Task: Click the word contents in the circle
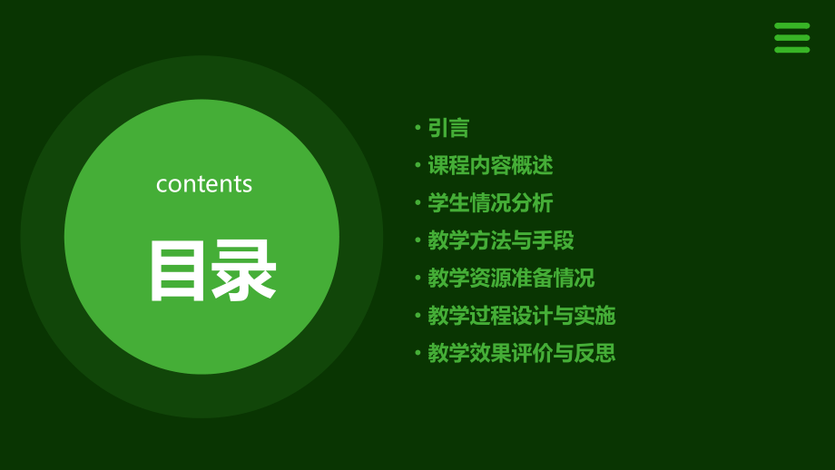(x=204, y=184)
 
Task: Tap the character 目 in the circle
(x=177, y=270)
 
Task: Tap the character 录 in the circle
(x=243, y=270)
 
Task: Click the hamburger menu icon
(x=791, y=38)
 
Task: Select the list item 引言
(x=448, y=128)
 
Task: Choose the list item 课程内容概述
(x=490, y=165)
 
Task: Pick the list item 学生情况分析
(x=490, y=203)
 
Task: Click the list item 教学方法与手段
(x=501, y=240)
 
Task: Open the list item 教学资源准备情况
(x=511, y=278)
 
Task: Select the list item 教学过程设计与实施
(x=522, y=316)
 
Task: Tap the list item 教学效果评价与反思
(x=522, y=353)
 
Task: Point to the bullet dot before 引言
(x=418, y=128)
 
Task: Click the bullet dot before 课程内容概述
(x=418, y=165)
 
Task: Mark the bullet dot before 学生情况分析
(x=418, y=203)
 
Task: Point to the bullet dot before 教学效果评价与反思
(x=418, y=352)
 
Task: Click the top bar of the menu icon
(x=791, y=25)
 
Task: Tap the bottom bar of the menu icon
(x=791, y=50)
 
